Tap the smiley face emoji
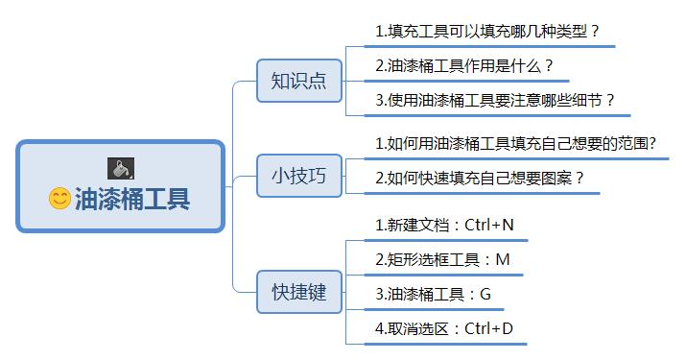[59, 199]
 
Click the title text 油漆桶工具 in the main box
[131, 199]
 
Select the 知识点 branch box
[298, 81]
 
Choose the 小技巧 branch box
[298, 176]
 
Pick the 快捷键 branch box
[298, 293]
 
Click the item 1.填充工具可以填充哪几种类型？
[487, 31]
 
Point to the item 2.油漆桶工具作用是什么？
[464, 66]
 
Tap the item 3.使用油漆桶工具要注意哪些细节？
[495, 101]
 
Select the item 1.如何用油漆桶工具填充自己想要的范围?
[515, 144]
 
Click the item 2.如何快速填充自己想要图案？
[480, 179]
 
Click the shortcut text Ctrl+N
[489, 226]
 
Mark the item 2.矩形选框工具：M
[441, 259]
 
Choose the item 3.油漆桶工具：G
[432, 295]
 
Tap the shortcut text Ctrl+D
[488, 329]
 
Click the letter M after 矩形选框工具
[503, 259]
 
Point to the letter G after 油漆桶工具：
[485, 295]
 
